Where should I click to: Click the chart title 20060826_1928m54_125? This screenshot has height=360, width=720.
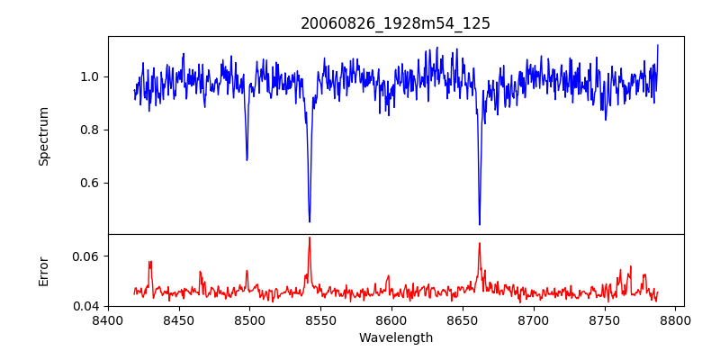pos(395,23)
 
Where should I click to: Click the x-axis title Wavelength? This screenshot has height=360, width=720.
pos(395,338)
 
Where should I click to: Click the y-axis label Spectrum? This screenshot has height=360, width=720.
pos(43,136)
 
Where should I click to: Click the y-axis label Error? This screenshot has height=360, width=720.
pos(43,270)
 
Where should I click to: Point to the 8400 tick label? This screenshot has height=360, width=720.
pos(108,319)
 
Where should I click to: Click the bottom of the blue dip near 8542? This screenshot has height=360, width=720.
pos(310,221)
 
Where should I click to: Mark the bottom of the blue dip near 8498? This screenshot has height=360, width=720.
pos(247,160)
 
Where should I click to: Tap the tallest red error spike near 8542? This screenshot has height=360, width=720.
pos(310,238)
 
